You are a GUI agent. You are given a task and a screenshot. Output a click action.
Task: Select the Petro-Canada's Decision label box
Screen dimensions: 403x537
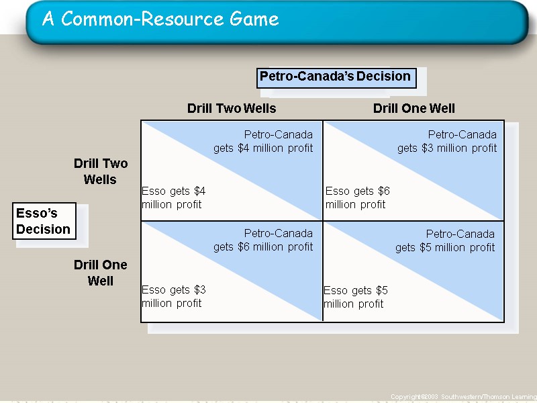(336, 77)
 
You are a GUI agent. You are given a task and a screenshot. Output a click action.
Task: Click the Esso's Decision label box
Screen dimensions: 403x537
(43, 222)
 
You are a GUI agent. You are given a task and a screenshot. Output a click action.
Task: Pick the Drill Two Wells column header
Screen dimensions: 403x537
(232, 108)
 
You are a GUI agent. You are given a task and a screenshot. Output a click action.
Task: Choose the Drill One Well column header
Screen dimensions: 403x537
(413, 108)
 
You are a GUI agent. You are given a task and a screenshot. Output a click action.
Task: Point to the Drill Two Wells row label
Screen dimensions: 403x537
(101, 171)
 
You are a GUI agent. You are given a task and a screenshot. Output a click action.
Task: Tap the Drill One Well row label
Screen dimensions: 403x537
(101, 273)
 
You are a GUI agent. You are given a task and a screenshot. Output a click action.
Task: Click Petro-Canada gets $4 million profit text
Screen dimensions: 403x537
(263, 141)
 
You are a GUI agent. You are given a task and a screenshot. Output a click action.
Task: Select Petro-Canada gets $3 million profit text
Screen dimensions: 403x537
(447, 141)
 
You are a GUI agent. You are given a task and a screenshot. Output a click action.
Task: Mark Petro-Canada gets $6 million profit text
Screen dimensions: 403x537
(263, 240)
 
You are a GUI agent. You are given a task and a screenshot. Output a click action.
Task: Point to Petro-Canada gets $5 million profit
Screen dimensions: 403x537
(445, 240)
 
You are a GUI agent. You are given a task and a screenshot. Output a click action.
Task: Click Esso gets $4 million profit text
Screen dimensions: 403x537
(173, 197)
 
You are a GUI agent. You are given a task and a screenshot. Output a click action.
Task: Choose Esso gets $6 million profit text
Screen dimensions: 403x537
(357, 197)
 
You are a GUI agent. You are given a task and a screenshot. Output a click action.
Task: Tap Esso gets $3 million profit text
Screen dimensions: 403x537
(173, 296)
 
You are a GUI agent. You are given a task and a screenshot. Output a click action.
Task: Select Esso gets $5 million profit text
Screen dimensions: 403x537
(355, 297)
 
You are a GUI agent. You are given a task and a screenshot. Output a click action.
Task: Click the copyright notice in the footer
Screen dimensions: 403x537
(463, 398)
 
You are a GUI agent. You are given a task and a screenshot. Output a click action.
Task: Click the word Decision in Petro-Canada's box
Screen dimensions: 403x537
(383, 77)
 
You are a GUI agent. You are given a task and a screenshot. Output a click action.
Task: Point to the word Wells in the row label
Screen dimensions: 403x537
(100, 180)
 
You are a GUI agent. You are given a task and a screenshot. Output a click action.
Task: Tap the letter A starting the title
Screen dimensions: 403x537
(48, 19)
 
